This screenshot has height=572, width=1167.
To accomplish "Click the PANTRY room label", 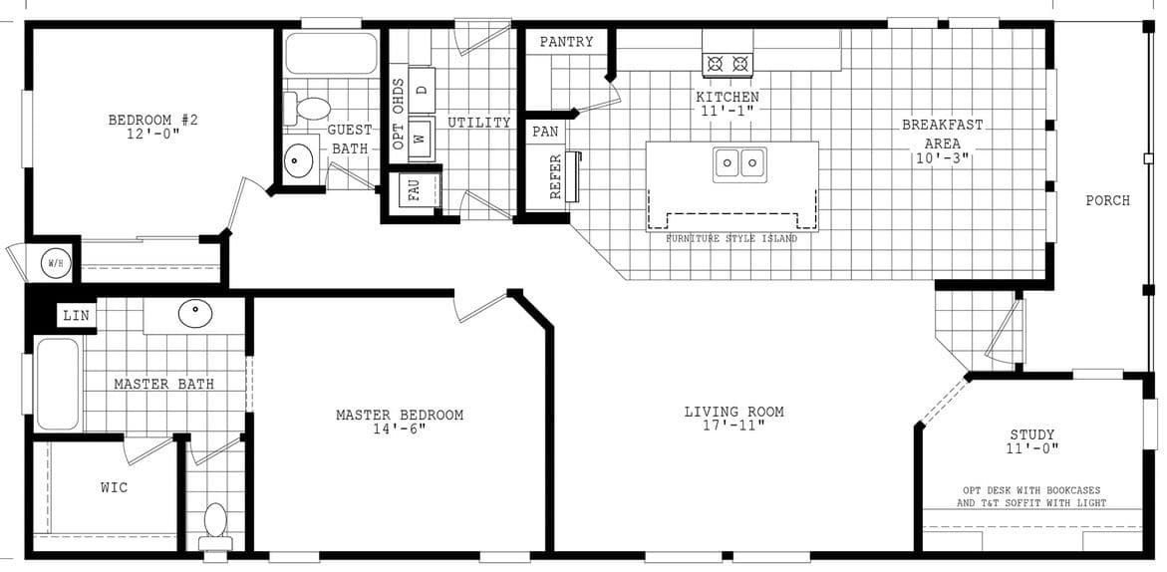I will [x=566, y=42].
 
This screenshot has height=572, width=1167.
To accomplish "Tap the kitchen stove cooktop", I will [x=727, y=65].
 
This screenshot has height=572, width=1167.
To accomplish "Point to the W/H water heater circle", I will [x=54, y=264].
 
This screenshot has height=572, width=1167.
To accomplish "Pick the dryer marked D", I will [x=422, y=90].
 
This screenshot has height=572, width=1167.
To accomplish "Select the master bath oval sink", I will [x=195, y=314].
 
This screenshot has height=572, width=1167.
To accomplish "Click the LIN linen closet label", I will [x=77, y=316].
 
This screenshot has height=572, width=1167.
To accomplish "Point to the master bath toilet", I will [x=214, y=525].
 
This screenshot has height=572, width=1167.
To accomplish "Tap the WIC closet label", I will [x=114, y=487].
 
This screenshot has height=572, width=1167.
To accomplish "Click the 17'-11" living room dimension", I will [x=733, y=426].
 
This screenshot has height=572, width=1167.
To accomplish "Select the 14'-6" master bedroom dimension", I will [x=399, y=429].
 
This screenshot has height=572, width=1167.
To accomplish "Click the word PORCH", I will [x=1107, y=200].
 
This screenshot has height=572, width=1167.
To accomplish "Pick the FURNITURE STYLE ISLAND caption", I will [x=731, y=239].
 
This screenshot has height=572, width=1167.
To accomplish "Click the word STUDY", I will [x=1031, y=434].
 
